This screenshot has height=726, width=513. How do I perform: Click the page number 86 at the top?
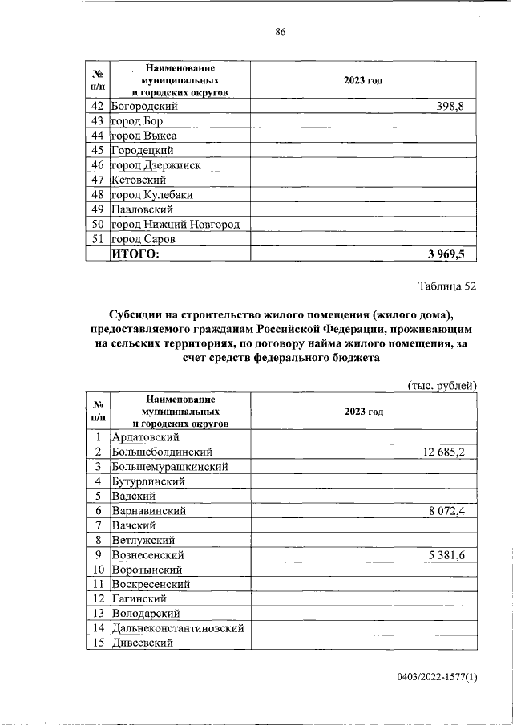pos(280,32)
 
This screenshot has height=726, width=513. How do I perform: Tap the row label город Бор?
pos(137,120)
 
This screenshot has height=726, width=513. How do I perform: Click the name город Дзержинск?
pos(156,165)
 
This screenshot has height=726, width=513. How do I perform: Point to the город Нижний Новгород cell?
pos(176,224)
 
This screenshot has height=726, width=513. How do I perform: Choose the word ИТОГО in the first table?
pos(135,253)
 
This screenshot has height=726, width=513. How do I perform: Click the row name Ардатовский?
pos(145,437)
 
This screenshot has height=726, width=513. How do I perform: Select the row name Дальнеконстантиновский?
pos(177,628)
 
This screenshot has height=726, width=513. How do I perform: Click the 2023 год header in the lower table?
pos(364,411)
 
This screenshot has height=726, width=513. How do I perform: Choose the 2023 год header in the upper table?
pos(364,81)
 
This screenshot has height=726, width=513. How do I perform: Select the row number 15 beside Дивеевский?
pos(98,643)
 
